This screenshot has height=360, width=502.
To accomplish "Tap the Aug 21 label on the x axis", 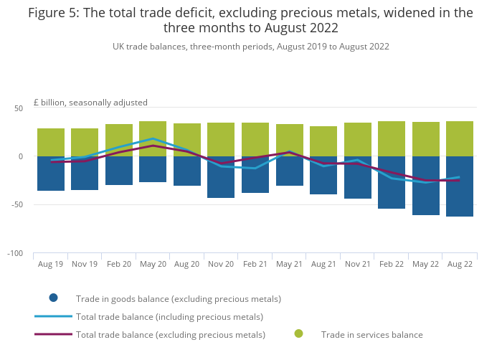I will pos(323,264).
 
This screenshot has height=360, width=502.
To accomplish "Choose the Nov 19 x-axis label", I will pos(85,264).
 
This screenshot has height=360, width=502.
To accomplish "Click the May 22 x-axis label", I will pos(425,264).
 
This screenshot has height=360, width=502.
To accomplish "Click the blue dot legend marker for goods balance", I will pos(53,298).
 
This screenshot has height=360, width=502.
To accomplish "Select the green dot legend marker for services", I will pos(298,333).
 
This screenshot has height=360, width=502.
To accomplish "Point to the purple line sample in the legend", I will pos(53,334).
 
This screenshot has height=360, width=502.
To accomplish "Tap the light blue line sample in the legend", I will pos(53,316).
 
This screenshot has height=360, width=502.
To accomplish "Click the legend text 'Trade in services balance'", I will pos(371,334).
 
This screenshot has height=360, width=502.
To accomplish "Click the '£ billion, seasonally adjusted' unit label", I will pos(90,103).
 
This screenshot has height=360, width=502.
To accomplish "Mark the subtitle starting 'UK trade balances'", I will pos(250,47).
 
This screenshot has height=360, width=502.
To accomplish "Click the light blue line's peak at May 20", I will pos(153,138).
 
